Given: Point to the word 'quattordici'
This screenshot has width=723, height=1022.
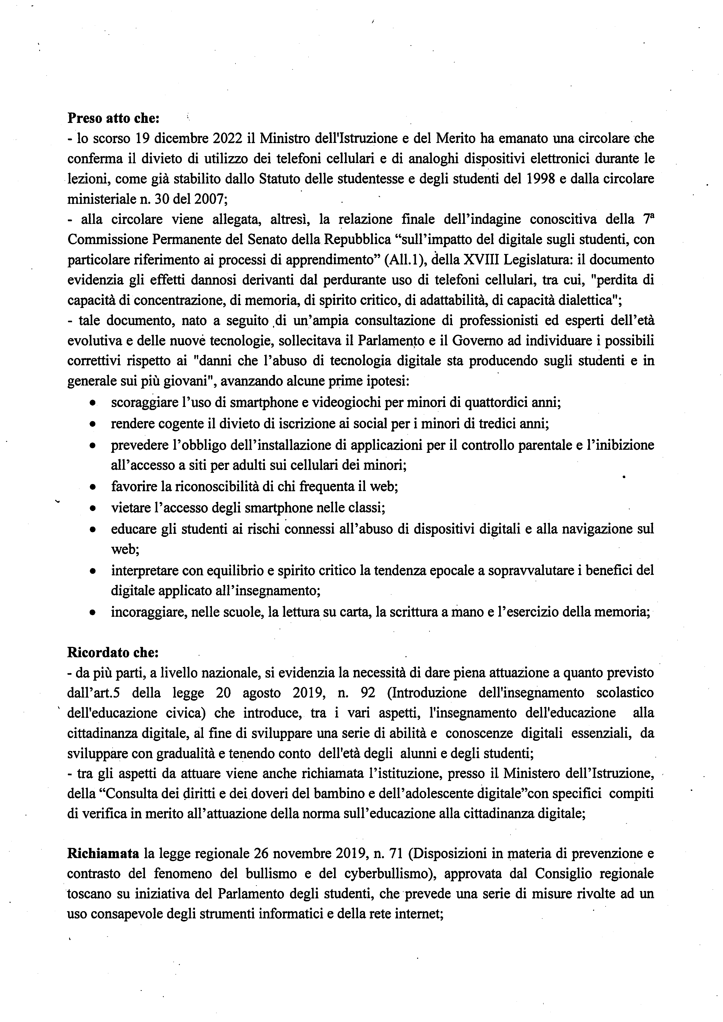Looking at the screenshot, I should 497,403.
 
